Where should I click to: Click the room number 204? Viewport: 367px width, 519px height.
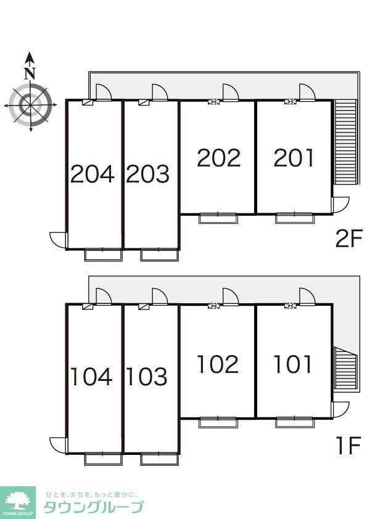point(93,174)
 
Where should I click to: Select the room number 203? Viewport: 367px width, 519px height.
point(148,174)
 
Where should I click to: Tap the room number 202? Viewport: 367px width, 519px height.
point(219,158)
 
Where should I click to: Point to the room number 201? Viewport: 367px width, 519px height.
point(294,158)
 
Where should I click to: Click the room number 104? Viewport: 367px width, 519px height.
point(92,377)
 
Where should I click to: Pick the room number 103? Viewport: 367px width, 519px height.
point(147,377)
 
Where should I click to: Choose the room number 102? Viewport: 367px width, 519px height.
point(218,364)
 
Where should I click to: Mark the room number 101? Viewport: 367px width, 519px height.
point(293,364)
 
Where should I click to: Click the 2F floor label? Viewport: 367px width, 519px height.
point(348,239)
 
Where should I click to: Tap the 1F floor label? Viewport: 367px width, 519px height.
point(348,446)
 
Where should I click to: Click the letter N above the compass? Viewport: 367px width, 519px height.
point(30,73)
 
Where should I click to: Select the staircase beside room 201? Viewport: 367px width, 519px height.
point(345,142)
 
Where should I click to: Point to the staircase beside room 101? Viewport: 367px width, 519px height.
point(345,369)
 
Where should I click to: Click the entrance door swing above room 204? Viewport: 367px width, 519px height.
point(104,92)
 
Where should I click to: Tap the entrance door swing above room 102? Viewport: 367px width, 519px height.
point(231,296)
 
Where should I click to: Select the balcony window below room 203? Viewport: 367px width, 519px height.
point(160,255)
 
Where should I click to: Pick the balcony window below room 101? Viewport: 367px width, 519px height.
point(294,422)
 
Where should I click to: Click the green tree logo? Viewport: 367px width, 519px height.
point(17,502)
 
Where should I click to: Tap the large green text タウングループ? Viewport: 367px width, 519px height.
point(94,507)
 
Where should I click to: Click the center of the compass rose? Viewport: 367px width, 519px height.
point(30,105)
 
